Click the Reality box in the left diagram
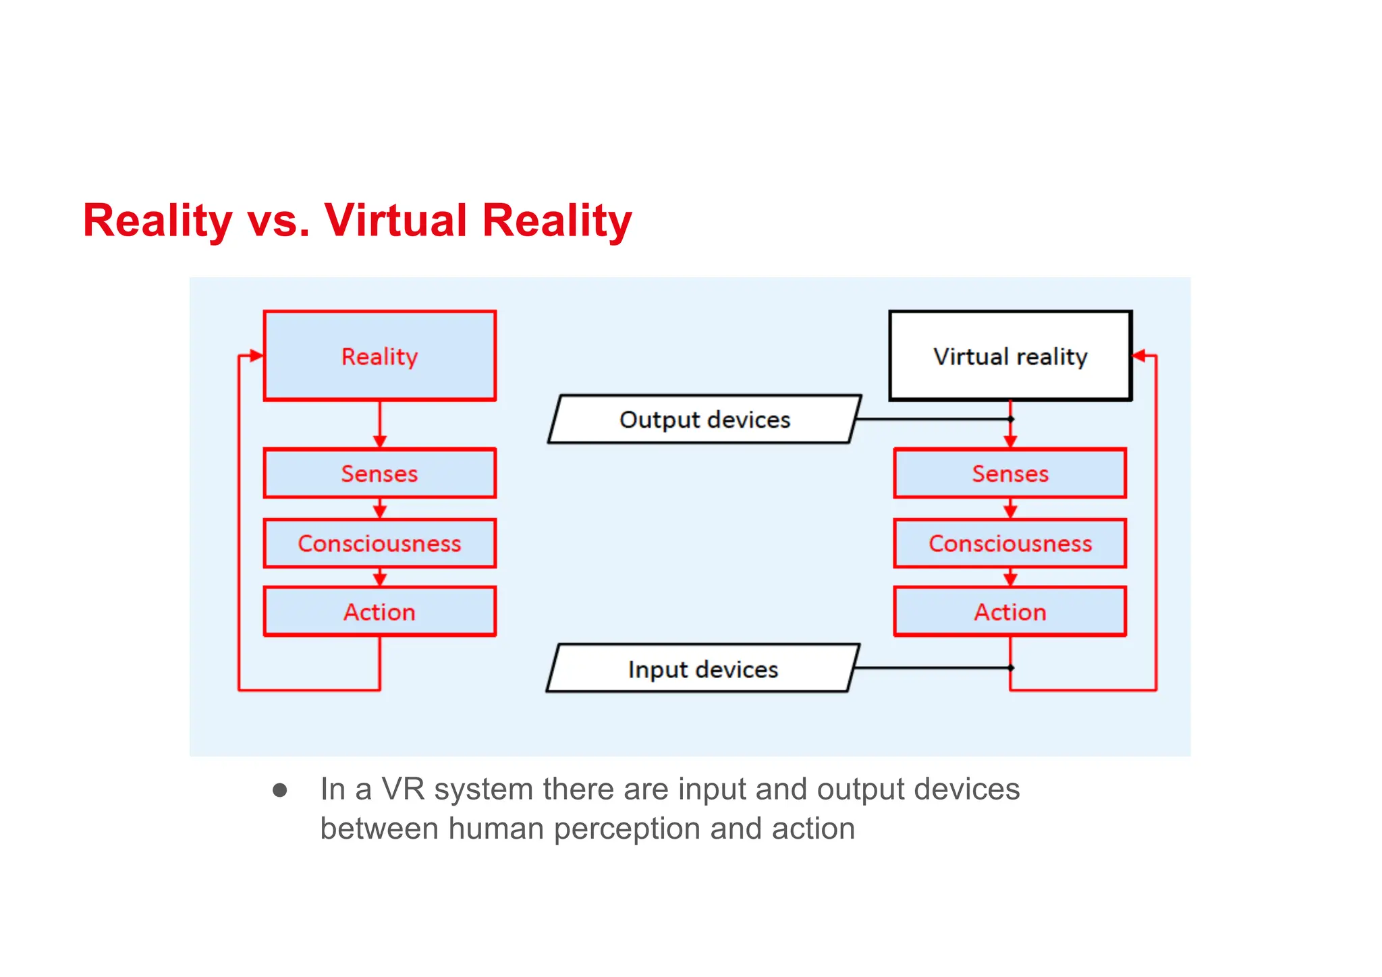(x=379, y=356)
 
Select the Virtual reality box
(x=1010, y=356)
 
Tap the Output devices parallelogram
(x=704, y=419)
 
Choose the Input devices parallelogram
(x=702, y=669)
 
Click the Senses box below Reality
(x=379, y=473)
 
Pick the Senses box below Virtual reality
(x=1010, y=473)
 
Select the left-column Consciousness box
(x=379, y=543)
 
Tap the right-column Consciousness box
(x=1010, y=543)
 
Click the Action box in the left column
(x=379, y=612)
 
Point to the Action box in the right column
(x=1010, y=612)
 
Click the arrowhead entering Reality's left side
(x=256, y=356)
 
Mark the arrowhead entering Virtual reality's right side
(x=1139, y=356)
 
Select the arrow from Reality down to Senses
(x=379, y=425)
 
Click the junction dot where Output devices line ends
(x=1010, y=419)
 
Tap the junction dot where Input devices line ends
(x=1010, y=668)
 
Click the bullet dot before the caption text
(x=280, y=790)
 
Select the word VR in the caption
(x=403, y=789)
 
